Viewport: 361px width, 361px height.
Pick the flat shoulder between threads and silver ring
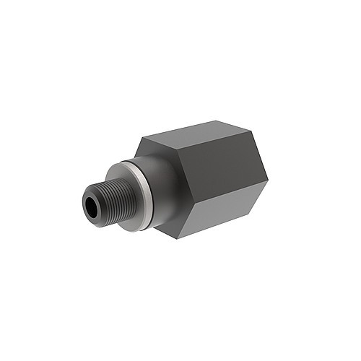click(x=123, y=180)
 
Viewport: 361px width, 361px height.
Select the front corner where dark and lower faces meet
click(x=187, y=209)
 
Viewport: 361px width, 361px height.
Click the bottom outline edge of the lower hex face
click(x=224, y=220)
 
